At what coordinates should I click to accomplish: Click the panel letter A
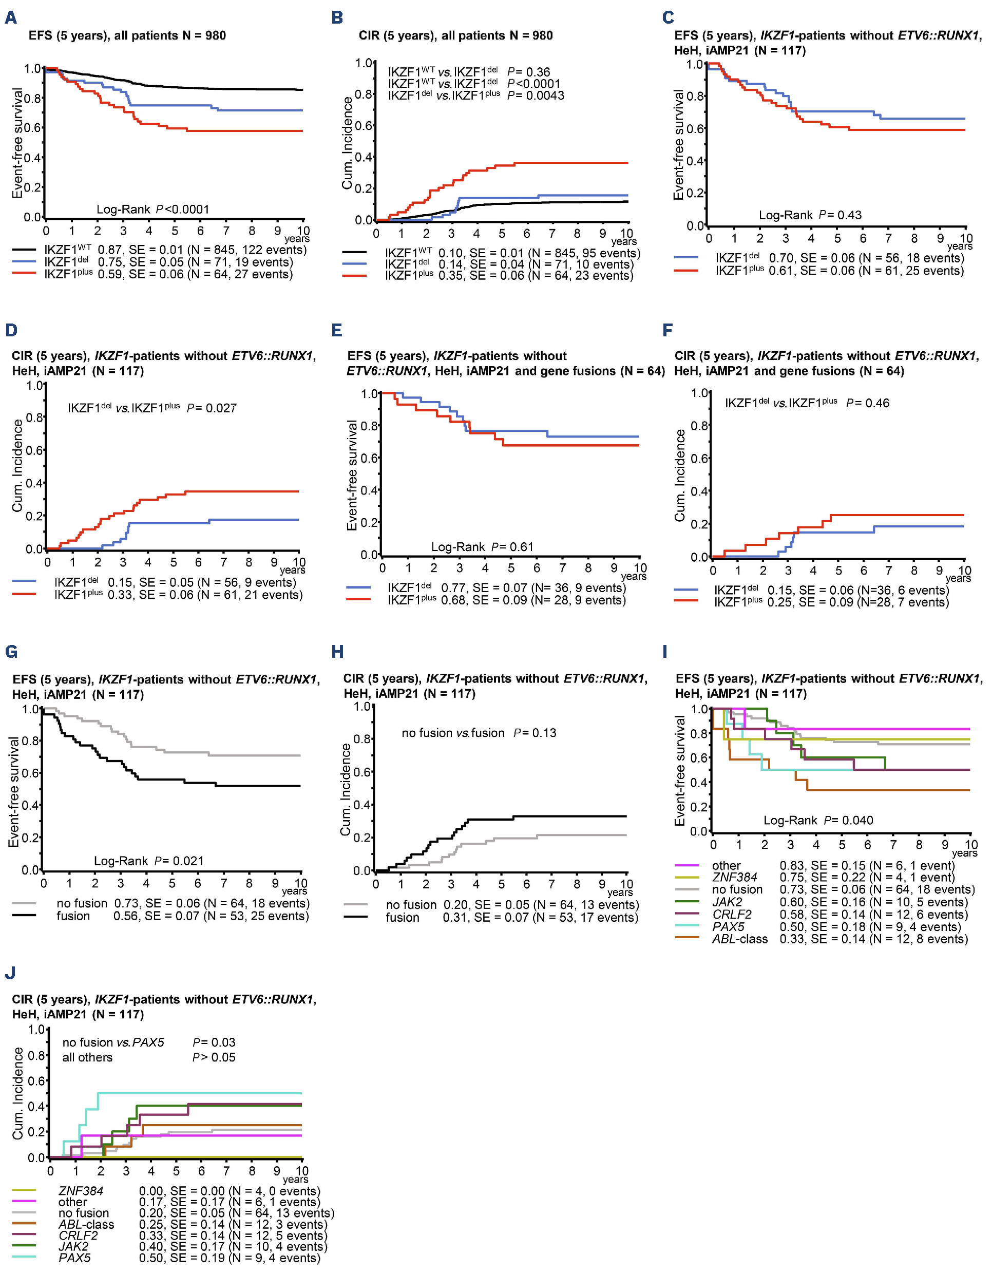click(x=10, y=18)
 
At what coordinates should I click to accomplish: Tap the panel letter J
click(x=10, y=973)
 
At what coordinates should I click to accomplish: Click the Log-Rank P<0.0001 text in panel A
click(x=152, y=209)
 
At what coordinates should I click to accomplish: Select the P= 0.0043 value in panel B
click(x=536, y=96)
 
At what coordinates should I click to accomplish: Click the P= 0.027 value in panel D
click(x=212, y=408)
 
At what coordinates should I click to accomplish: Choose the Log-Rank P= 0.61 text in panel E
click(x=482, y=547)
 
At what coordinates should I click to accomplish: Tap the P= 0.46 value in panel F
click(x=867, y=403)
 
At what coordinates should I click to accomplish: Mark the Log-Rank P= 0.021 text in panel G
click(x=148, y=861)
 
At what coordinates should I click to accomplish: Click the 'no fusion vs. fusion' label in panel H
click(x=453, y=733)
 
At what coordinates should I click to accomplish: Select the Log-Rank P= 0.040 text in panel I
click(x=818, y=820)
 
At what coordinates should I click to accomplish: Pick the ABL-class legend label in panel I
click(x=739, y=939)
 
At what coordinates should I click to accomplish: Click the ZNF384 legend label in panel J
click(x=81, y=1191)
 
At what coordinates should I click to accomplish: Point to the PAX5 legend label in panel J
click(x=74, y=1258)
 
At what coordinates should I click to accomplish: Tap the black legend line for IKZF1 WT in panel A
click(x=24, y=250)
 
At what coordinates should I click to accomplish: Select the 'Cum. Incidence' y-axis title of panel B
click(x=348, y=143)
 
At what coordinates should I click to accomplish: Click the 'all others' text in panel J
click(x=87, y=1057)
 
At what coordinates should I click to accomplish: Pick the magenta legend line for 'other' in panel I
click(x=686, y=866)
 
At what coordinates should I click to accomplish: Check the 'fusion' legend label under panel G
click(x=73, y=916)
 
